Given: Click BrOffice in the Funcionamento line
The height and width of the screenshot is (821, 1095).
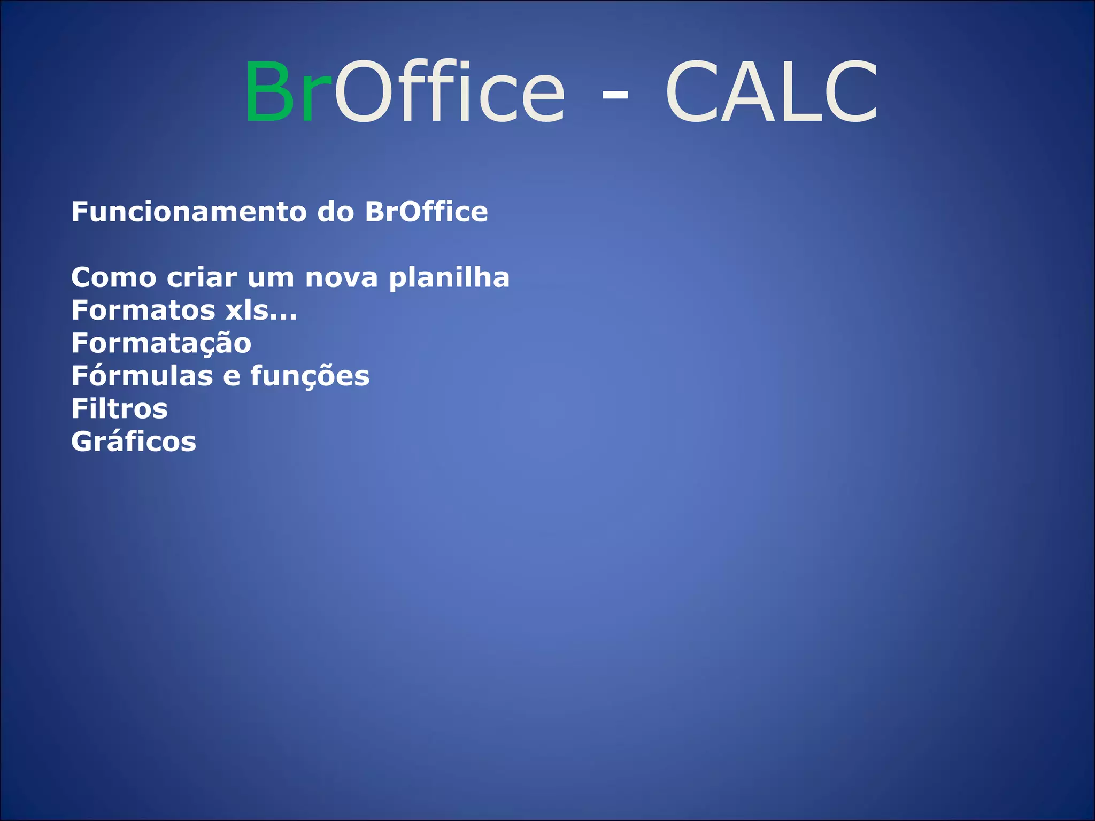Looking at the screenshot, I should click(x=426, y=212).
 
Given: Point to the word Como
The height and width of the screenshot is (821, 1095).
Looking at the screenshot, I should click(x=114, y=278).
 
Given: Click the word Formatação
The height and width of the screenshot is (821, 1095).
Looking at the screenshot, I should click(x=161, y=344).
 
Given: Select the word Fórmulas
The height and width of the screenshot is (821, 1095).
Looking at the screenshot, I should click(x=142, y=376).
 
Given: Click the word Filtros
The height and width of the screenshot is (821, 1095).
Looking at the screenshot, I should click(x=119, y=409).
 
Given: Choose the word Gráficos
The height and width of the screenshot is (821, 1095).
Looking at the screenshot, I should click(x=134, y=442).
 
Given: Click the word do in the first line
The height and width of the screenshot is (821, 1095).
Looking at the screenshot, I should click(x=336, y=212).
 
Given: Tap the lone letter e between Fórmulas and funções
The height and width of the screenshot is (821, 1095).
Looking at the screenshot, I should click(x=232, y=377).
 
